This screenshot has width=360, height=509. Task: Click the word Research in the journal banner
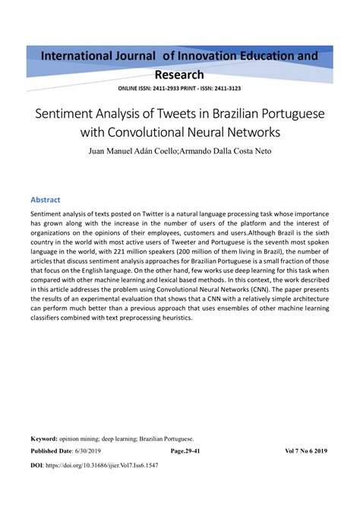pos(179,74)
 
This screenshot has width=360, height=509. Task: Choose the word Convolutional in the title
pos(166,132)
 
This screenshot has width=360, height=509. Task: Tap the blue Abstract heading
pos(45,199)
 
